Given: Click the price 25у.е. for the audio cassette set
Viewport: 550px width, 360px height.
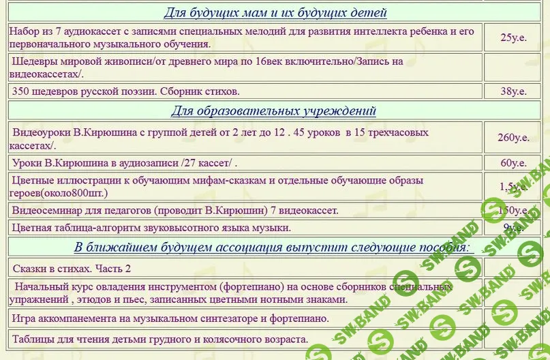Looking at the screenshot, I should coord(513,37).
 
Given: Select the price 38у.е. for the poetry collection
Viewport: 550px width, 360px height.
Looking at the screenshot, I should coord(513,91).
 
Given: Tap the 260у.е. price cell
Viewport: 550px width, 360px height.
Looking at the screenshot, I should coord(513,137).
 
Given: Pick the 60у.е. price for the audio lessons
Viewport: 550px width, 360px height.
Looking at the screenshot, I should coord(513,162).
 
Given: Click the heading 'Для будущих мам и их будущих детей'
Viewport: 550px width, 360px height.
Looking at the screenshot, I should coord(275,13).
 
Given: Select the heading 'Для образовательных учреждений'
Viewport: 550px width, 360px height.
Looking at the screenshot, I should coord(273,110).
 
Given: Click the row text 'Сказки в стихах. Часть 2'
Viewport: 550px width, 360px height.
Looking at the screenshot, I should coord(72,268).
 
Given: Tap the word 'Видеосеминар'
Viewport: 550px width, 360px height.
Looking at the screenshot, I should coord(46,210).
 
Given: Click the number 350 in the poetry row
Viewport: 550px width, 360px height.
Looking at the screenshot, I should coord(22,91).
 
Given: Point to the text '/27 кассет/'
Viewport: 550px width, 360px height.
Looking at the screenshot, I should coord(208,162).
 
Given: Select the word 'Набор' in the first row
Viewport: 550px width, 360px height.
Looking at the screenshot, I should coord(25,31).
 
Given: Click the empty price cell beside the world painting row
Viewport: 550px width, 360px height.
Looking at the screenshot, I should coord(513,67).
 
